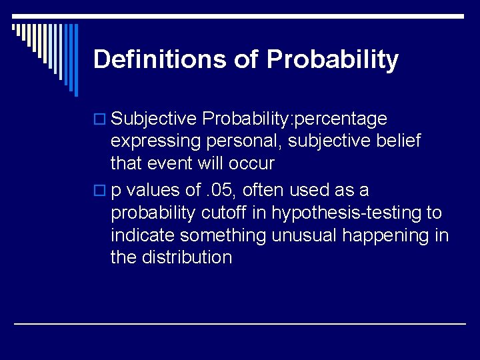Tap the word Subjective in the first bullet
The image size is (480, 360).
(x=154, y=119)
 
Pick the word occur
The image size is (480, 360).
(x=254, y=164)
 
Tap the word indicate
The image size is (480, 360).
(x=143, y=236)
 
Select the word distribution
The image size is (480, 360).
(x=187, y=258)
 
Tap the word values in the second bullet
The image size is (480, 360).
(x=152, y=191)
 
